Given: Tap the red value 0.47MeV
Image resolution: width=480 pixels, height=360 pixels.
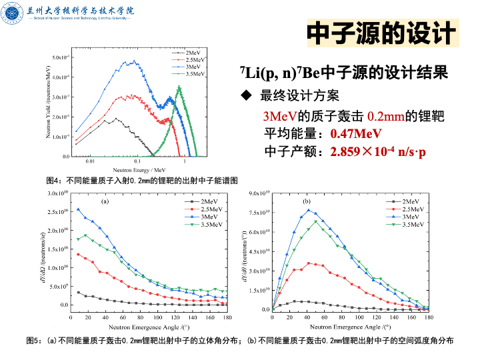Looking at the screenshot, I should (x=356, y=133).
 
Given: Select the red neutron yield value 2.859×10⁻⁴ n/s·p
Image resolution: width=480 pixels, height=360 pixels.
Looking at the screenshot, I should (x=378, y=152).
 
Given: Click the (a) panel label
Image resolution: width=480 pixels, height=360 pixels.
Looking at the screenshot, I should (x=105, y=200).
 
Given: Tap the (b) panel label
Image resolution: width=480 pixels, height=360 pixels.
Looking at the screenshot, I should (x=307, y=200).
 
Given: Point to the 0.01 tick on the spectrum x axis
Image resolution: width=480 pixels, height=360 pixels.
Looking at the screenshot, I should (x=91, y=162).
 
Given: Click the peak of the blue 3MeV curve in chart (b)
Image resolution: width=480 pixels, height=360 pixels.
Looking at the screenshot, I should (x=308, y=210).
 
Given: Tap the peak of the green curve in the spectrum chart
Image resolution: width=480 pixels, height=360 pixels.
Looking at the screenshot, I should (x=179, y=87).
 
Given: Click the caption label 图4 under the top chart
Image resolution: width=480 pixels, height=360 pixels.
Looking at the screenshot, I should (x=53, y=181).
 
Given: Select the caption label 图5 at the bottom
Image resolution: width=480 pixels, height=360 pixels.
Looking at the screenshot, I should (x=33, y=341).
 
